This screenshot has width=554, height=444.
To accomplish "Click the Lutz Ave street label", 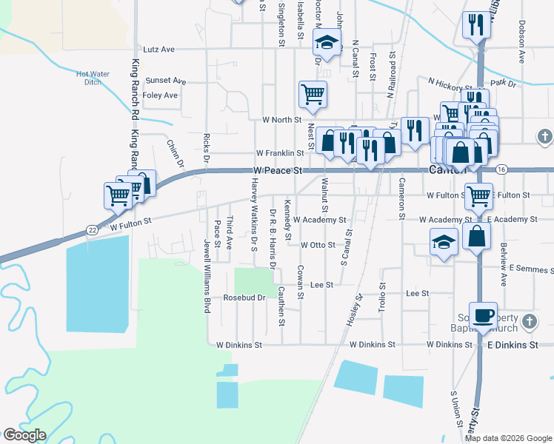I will tap(158, 50).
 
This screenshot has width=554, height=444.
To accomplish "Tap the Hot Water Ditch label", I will tap(93, 78).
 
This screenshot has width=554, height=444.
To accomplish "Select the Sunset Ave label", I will tap(165, 80).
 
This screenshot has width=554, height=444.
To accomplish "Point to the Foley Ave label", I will tap(160, 95).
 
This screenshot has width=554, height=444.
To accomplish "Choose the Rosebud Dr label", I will tap(244, 297).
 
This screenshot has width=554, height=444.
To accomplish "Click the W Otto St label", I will tap(318, 244).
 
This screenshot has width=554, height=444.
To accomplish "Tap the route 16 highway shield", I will tap(501, 169).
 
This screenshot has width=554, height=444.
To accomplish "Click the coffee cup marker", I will tap(483, 314).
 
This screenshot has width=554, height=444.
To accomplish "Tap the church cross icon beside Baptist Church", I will tap(528, 321).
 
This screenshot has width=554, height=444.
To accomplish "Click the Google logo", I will tap(24, 435).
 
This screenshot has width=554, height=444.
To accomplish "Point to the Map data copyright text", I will tap(508, 438).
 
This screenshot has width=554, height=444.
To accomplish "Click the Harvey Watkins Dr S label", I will tap(253, 215).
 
